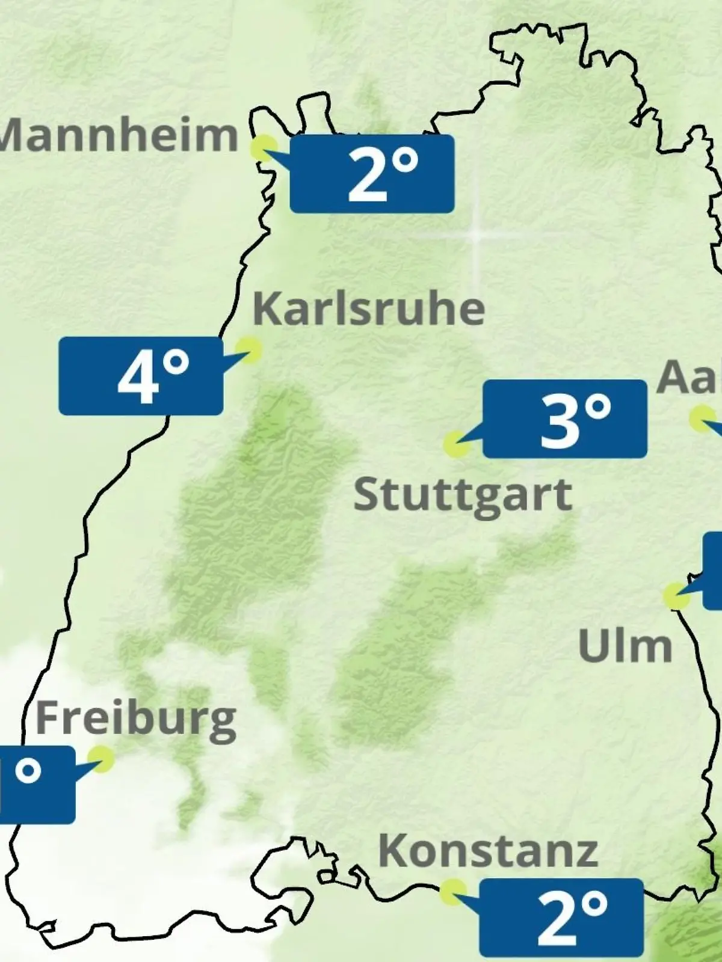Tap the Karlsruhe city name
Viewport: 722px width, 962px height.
pyautogui.click(x=368, y=310)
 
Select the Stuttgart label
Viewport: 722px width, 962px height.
pyautogui.click(x=462, y=496)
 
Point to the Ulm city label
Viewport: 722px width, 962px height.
pyautogui.click(x=625, y=646)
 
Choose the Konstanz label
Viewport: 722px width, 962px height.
pyautogui.click(x=488, y=851)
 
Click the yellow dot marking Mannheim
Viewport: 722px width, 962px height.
pyautogui.click(x=264, y=148)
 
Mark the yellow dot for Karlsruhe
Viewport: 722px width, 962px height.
pyautogui.click(x=248, y=349)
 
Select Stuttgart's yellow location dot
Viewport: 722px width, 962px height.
pyautogui.click(x=457, y=444)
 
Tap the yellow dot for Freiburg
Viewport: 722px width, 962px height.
pyautogui.click(x=100, y=758)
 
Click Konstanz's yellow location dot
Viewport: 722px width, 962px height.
pyautogui.click(x=452, y=892)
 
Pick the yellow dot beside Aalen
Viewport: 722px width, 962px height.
pyautogui.click(x=701, y=418)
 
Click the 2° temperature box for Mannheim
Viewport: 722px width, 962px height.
pyautogui.click(x=372, y=174)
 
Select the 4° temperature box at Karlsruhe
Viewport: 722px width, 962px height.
pyautogui.click(x=141, y=376)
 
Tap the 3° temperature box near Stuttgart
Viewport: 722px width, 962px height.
pyautogui.click(x=565, y=419)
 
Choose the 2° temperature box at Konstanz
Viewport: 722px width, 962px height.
pyautogui.click(x=561, y=917)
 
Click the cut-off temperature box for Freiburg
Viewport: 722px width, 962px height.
pyautogui.click(x=36, y=785)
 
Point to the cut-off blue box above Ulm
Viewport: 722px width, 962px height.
pyautogui.click(x=713, y=570)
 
